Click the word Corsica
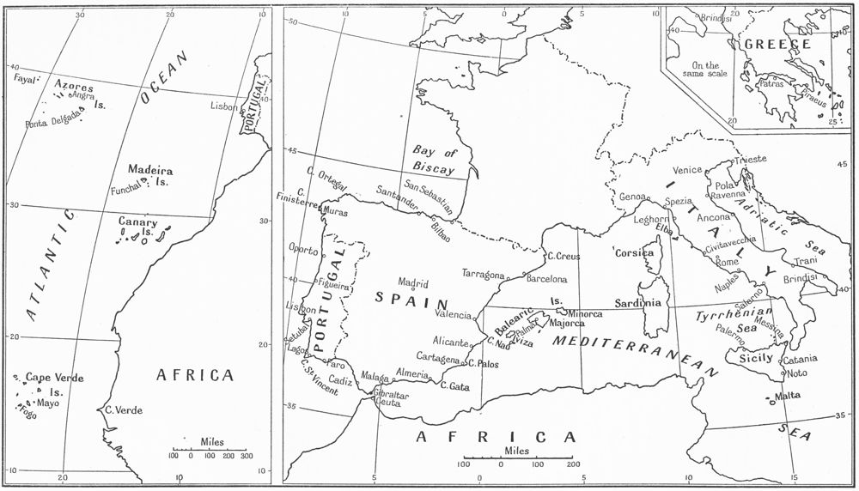click(x=634, y=253)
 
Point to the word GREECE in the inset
click(x=777, y=45)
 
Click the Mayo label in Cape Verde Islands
click(x=47, y=402)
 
